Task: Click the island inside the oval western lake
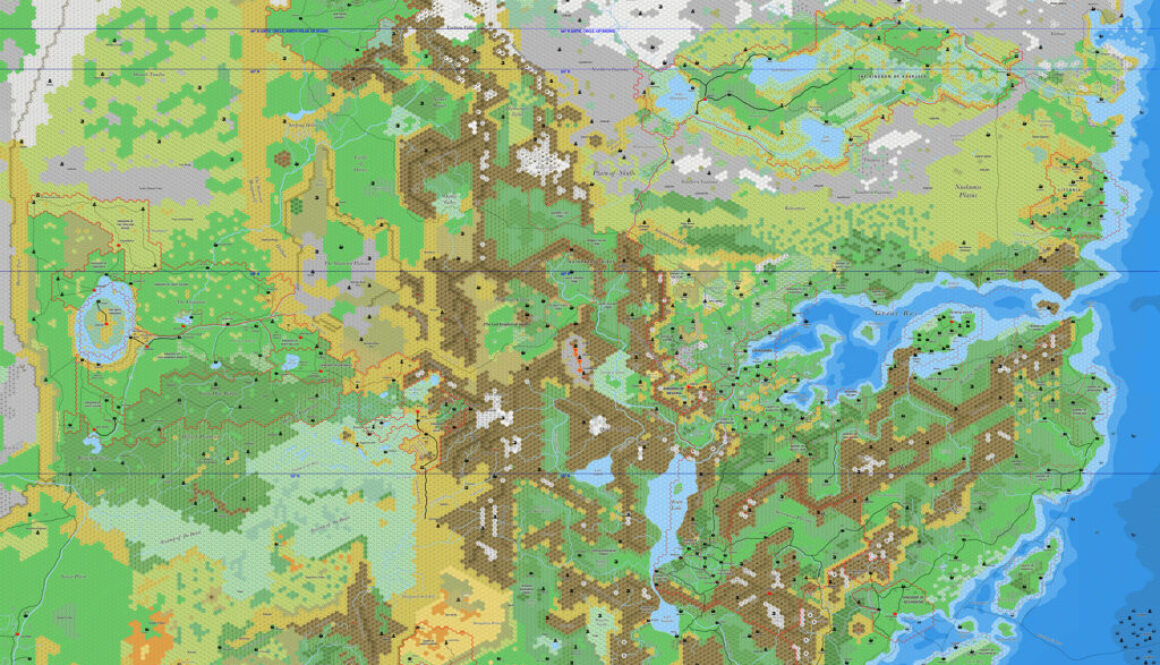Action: (106, 318)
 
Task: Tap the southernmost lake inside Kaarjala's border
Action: (826, 141)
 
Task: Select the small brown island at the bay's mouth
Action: (1048, 306)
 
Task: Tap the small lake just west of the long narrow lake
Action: (596, 477)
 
